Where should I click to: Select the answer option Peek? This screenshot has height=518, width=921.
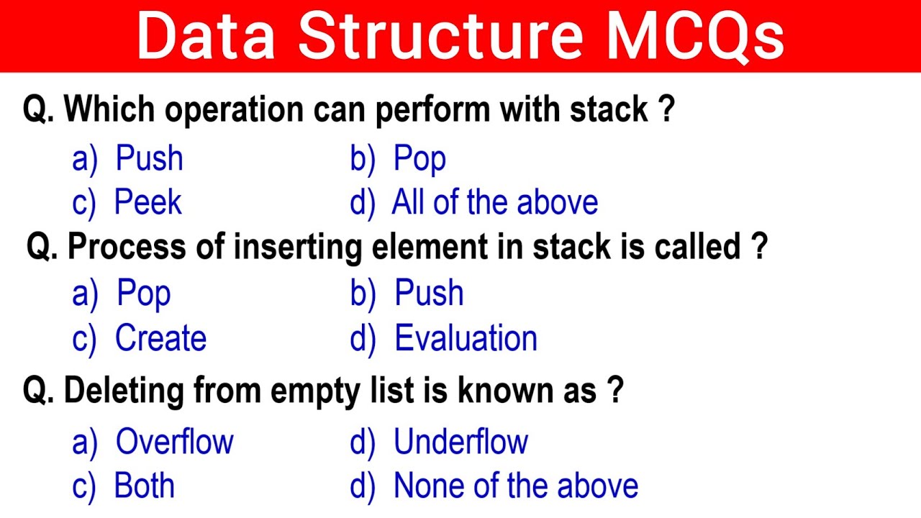(x=148, y=203)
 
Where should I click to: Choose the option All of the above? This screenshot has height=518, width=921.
(x=495, y=203)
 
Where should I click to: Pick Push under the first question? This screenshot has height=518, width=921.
(x=149, y=159)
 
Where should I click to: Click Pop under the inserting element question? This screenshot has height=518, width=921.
(x=144, y=294)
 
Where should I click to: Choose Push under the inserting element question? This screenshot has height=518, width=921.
(x=429, y=294)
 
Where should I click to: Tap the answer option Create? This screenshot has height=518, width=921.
(x=160, y=339)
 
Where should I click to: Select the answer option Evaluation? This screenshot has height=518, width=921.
(x=466, y=339)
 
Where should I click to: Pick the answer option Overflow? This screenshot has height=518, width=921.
(x=174, y=442)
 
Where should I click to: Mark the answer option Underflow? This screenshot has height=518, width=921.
(x=460, y=442)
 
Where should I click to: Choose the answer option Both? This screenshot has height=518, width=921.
(x=144, y=486)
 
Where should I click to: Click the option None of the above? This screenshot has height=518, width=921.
(x=515, y=486)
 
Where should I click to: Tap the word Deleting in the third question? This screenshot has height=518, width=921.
(x=124, y=391)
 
